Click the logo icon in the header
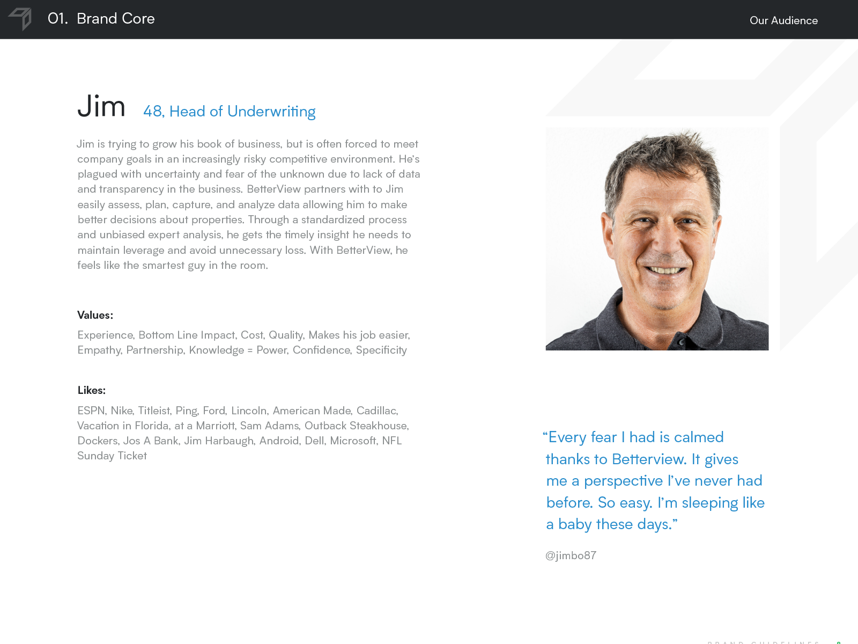pyautogui.click(x=20, y=19)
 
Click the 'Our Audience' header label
pyautogui.click(x=783, y=20)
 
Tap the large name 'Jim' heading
pyautogui.click(x=101, y=106)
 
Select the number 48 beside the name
pyautogui.click(x=153, y=112)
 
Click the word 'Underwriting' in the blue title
pyautogui.click(x=271, y=112)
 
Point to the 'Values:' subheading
pyautogui.click(x=95, y=315)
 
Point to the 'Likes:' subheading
pyautogui.click(x=91, y=390)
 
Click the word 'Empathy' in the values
pyautogui.click(x=99, y=350)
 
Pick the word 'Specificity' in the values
pyautogui.click(x=381, y=350)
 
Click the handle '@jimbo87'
pyautogui.click(x=571, y=555)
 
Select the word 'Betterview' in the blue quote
pyautogui.click(x=649, y=459)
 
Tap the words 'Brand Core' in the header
pyautogui.click(x=116, y=19)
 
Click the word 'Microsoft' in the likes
pyautogui.click(x=353, y=441)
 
